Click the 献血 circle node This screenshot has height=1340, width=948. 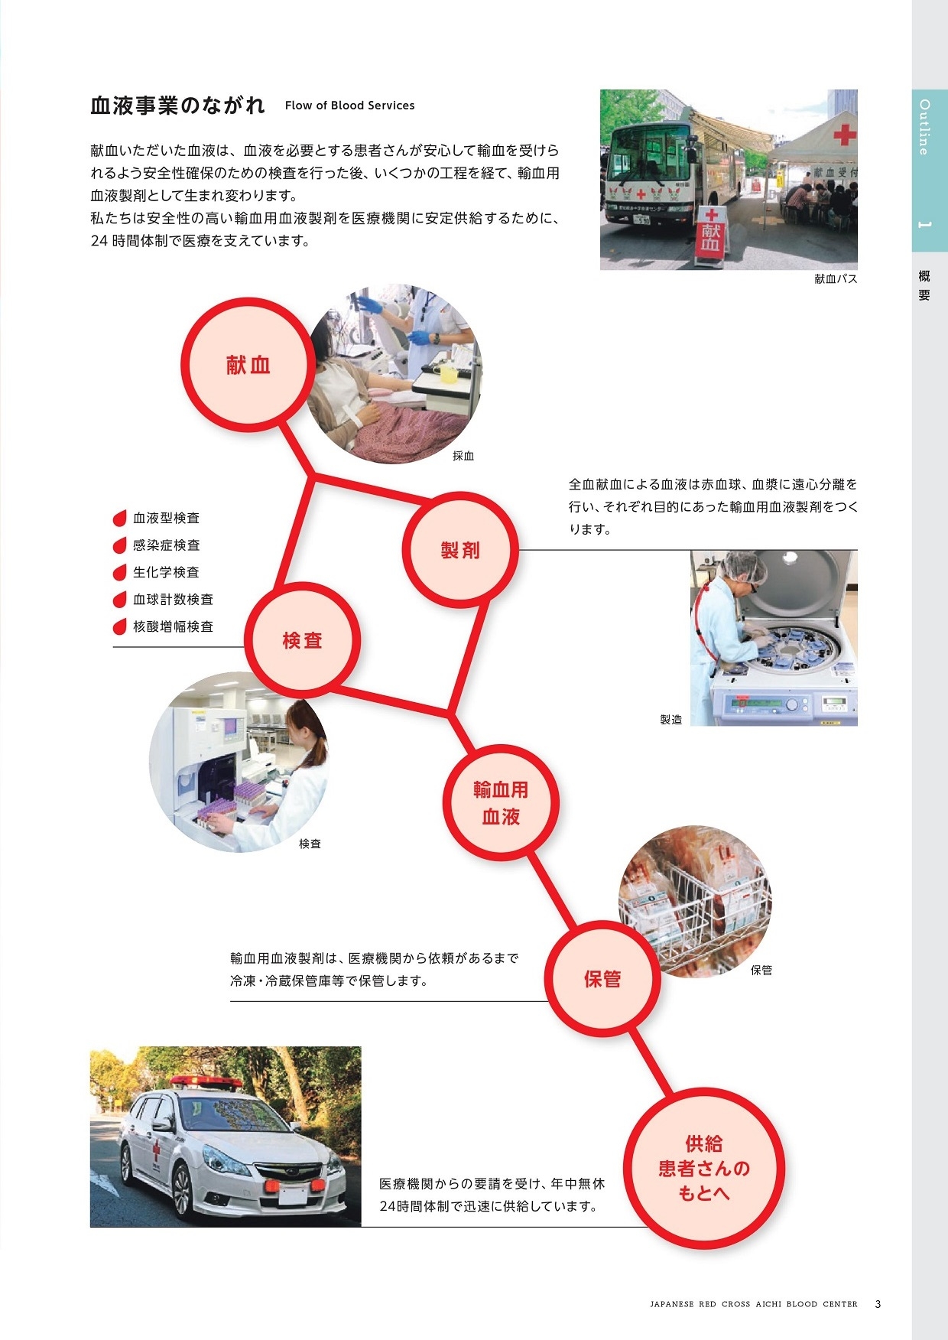coord(248,365)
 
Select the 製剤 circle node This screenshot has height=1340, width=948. coord(460,550)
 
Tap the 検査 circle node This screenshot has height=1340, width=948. coord(302,640)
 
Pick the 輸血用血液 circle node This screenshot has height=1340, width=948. coord(501,802)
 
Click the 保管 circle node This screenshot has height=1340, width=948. coord(602,979)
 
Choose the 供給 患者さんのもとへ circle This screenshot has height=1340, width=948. coord(703,1168)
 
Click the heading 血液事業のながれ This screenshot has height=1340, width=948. coord(177,106)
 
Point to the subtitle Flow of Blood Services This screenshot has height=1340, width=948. coord(349,106)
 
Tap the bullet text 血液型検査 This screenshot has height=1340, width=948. coord(166,519)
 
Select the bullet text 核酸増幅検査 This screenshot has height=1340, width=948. coord(173,626)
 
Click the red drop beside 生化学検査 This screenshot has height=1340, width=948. coord(119,573)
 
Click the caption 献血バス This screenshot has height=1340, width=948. coord(836,279)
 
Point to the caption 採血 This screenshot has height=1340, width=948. coord(463,456)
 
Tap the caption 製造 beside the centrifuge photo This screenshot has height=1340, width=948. coord(670,720)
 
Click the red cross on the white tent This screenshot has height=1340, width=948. coord(844,135)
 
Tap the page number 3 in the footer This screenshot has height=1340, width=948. coord(878,1304)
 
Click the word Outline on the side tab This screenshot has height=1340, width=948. coord(924,128)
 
